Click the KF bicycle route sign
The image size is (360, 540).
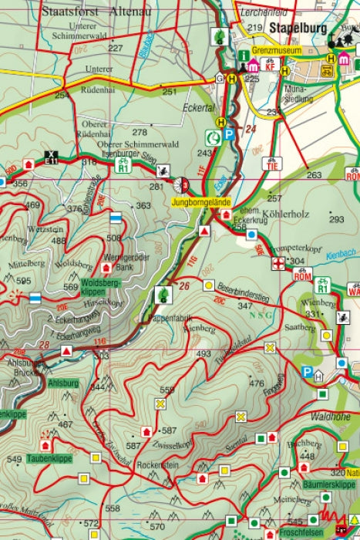(x=270, y=66)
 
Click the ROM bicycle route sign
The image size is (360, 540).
(x=301, y=275)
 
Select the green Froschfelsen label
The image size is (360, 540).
(x=298, y=532)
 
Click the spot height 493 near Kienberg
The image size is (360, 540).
(x=203, y=354)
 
